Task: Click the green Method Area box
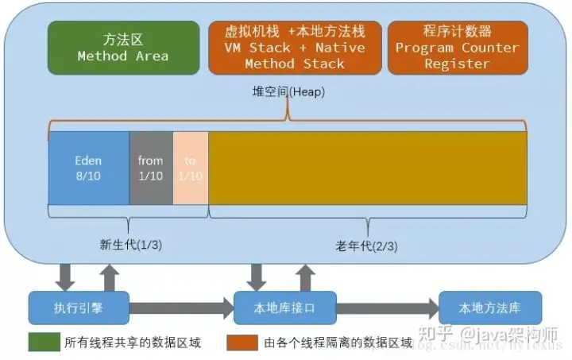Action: pos(122,48)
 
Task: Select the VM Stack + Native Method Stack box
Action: pos(294,48)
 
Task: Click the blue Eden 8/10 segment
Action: pos(88,168)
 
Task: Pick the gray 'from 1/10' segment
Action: pos(150,168)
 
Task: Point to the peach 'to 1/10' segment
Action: pos(190,168)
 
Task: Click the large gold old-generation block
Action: pos(367,168)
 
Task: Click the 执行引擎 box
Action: pos(78,307)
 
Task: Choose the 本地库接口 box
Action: pos(284,307)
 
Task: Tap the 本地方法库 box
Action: pos(490,307)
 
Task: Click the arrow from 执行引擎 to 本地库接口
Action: pos(180,308)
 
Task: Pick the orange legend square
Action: pos(242,342)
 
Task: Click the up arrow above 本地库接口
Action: pos(304,275)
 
